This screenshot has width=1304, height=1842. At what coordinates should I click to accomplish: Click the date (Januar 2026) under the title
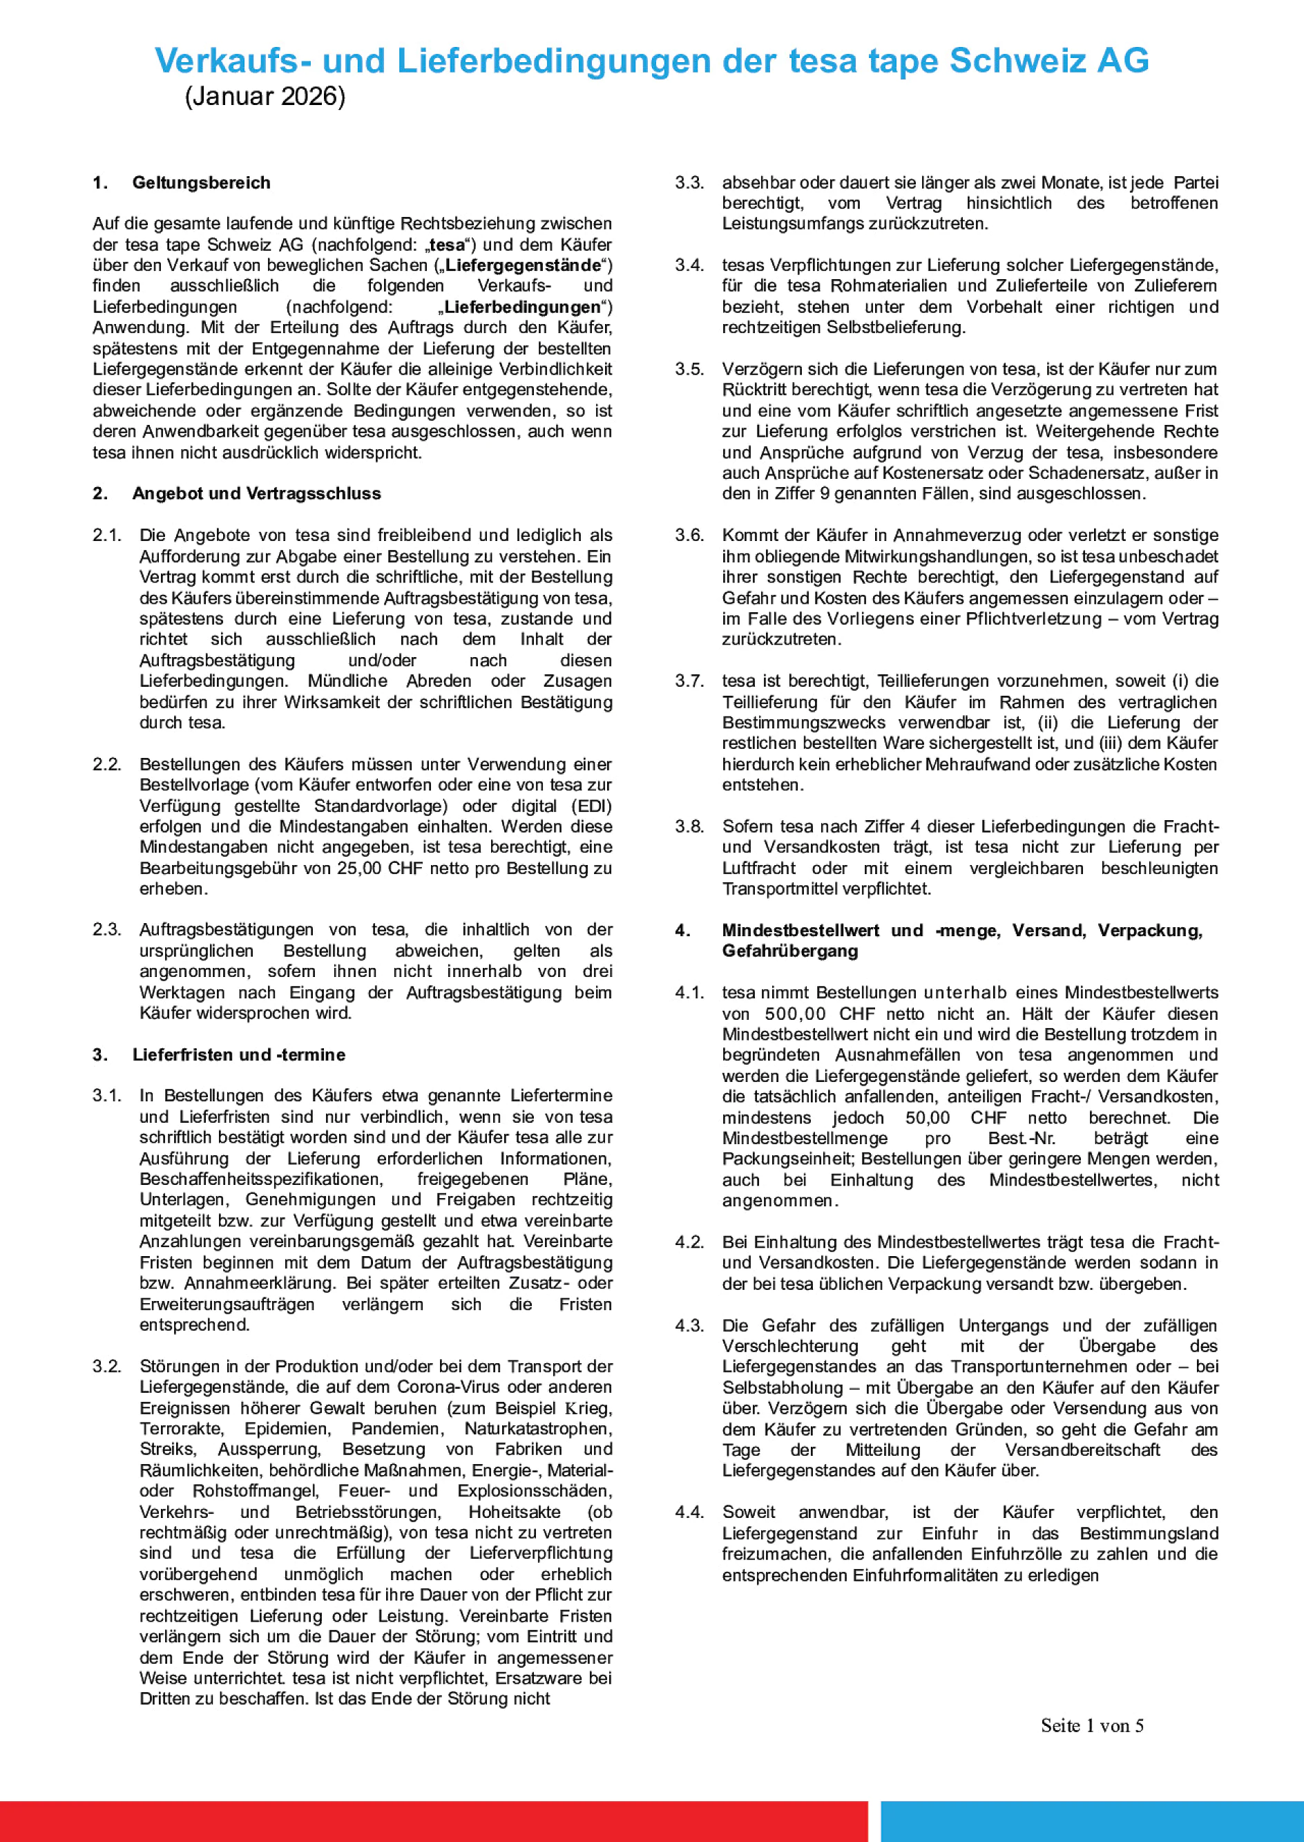point(265,97)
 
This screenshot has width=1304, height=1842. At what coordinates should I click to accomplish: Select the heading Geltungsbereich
point(201,183)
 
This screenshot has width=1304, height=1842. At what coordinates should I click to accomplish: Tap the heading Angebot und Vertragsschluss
point(256,493)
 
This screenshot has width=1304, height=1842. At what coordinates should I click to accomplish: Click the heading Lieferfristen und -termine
point(238,1055)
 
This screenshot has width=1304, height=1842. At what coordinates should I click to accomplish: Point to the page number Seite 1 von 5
point(1092,1725)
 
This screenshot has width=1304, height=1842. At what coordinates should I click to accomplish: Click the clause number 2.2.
point(107,764)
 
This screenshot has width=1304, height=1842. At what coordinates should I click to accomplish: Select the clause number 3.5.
point(689,370)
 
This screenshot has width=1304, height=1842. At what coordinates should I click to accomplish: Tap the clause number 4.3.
point(689,1325)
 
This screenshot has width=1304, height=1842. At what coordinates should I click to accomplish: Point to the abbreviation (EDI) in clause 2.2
point(591,806)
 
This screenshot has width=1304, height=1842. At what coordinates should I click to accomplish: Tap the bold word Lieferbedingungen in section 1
point(522,307)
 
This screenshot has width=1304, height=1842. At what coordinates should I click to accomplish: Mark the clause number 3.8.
point(689,826)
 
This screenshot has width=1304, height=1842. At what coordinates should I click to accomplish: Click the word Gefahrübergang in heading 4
point(790,951)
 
